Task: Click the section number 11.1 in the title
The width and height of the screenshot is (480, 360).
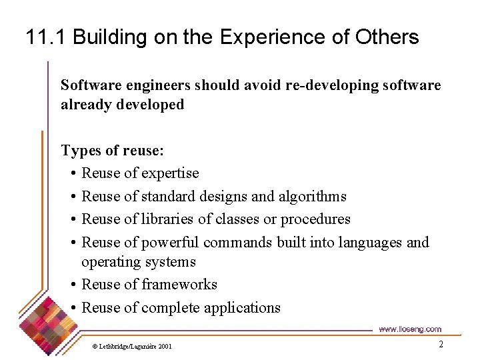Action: point(46,37)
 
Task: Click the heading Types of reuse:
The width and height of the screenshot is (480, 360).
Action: point(112,150)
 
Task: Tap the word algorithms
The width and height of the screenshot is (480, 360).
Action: point(313,196)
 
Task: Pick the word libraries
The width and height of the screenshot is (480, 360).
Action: point(169,219)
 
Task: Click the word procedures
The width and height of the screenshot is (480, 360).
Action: point(315,219)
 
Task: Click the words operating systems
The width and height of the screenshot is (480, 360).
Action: point(138,262)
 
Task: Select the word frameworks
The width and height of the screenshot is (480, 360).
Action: point(179,285)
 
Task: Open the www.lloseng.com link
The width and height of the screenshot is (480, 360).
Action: point(410,329)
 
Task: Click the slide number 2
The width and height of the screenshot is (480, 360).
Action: point(441,345)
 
